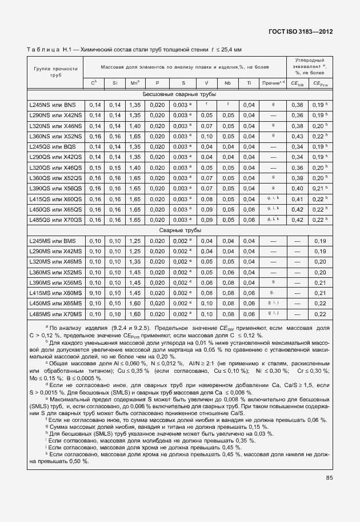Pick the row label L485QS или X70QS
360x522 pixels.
55,220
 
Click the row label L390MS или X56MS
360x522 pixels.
55,283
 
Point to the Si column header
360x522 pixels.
115,83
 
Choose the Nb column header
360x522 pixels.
227,83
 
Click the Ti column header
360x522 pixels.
249,83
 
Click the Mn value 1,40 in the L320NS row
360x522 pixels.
135,126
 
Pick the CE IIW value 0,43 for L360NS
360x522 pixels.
298,137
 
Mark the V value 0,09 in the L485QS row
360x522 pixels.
206,220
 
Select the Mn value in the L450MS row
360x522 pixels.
135,304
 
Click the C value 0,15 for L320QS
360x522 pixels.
95,168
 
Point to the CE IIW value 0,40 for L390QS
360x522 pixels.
298,189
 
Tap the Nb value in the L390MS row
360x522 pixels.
227,283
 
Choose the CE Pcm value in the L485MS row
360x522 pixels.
319,314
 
